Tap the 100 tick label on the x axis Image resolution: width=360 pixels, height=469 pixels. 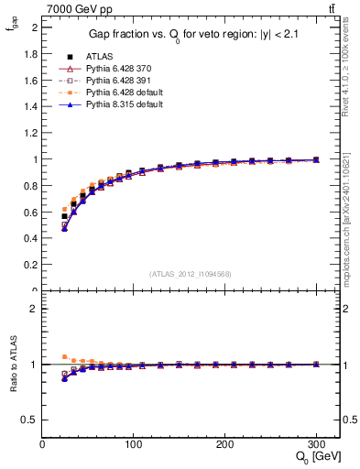133,444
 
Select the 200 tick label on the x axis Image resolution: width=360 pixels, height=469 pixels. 224,444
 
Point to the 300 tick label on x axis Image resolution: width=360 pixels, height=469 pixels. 316,444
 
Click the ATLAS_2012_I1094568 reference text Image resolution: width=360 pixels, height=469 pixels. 191,274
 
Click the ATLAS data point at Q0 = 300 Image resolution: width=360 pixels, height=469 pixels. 316,159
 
